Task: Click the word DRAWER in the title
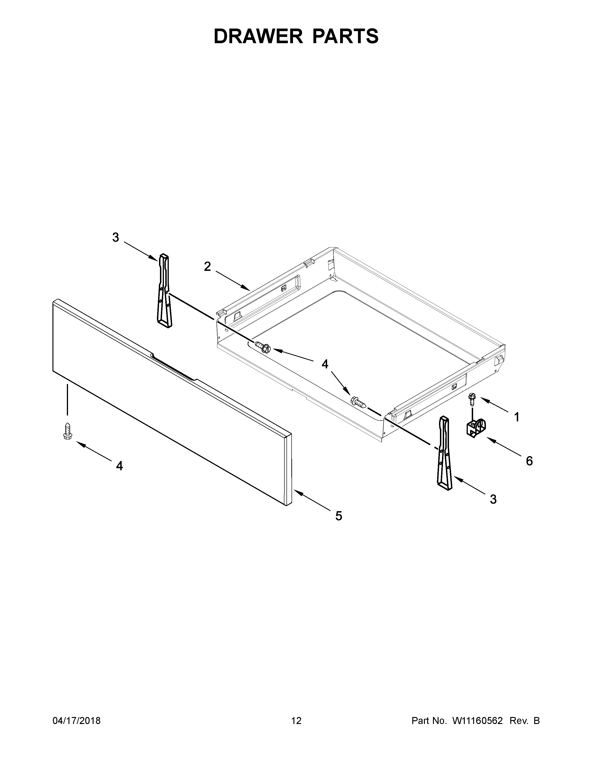coord(258,36)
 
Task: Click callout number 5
coord(338,516)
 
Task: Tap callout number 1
coord(517,417)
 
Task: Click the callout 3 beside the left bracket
coord(116,237)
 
